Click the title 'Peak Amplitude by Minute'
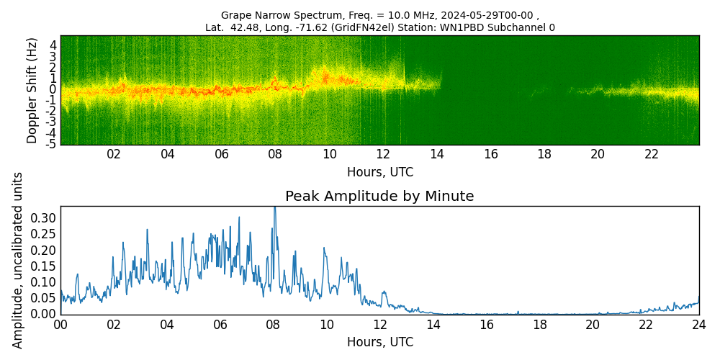[379, 197]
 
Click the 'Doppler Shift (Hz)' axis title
[32, 90]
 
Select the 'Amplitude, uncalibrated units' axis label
[18, 260]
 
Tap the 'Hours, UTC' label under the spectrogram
[379, 173]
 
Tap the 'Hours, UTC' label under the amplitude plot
[379, 342]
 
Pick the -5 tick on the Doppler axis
[51, 145]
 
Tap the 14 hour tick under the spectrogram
[436, 154]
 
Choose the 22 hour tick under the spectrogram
[652, 154]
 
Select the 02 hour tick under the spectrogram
[114, 154]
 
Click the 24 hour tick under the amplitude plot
[699, 325]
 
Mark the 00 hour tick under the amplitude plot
[60, 325]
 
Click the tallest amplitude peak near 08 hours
[274, 208]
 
